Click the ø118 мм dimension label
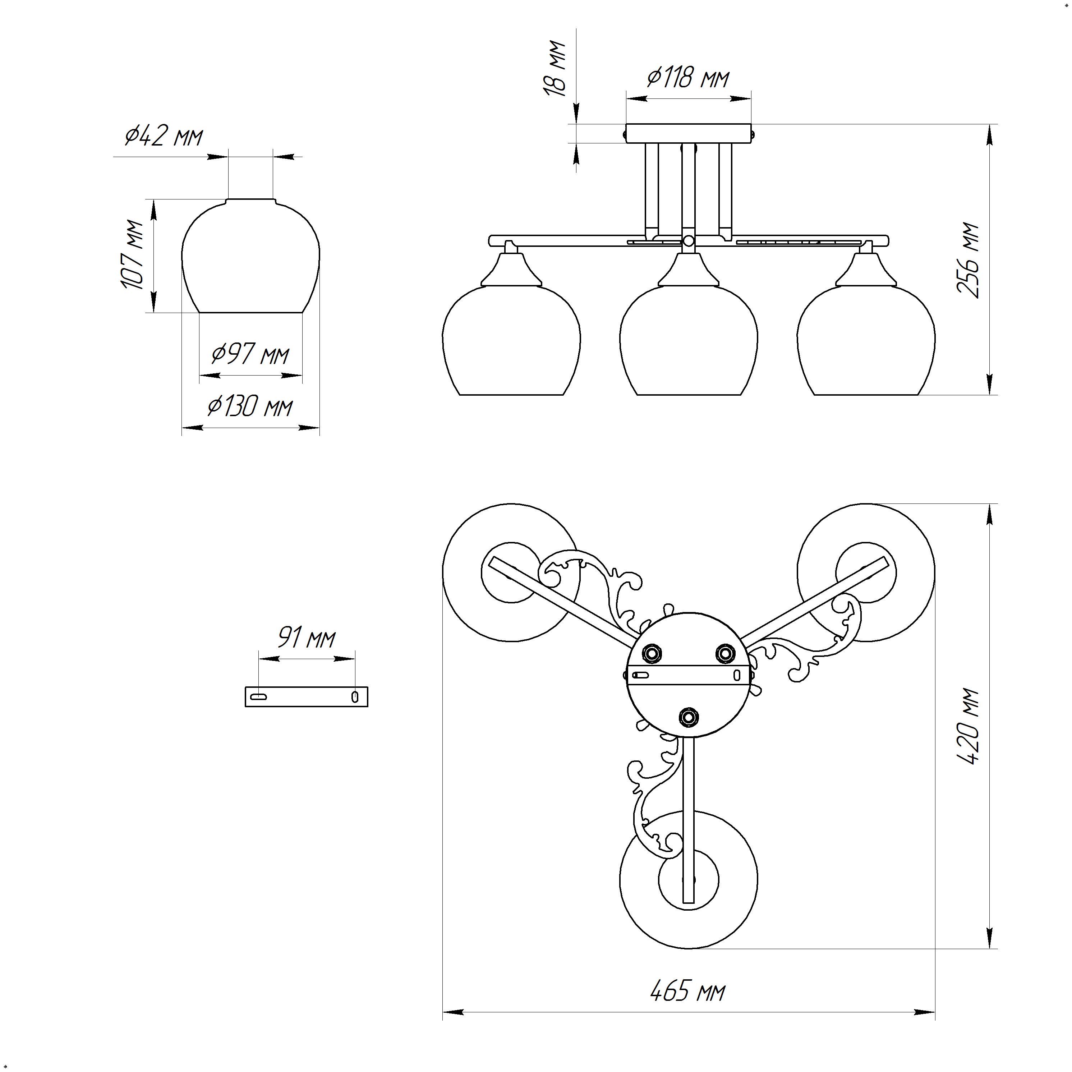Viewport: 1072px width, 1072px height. pyautogui.click(x=688, y=78)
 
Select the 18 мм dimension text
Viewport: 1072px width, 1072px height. pyautogui.click(x=555, y=69)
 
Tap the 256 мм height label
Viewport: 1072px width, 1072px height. pyautogui.click(x=968, y=260)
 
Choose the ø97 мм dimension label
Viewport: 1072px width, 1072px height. pyautogui.click(x=251, y=354)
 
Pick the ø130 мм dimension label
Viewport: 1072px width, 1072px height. pyautogui.click(x=250, y=407)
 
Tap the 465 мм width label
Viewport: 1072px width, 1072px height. pyautogui.click(x=688, y=991)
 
